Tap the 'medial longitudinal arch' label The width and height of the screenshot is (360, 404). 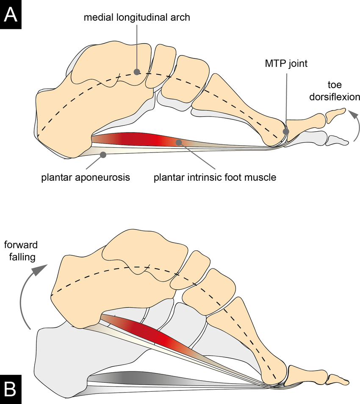pos(136,18)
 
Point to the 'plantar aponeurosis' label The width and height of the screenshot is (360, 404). pos(85,177)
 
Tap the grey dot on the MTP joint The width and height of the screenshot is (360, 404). pos(286,132)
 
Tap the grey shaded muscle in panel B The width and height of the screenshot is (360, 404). pos(127,377)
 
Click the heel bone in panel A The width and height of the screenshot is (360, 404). pos(68,123)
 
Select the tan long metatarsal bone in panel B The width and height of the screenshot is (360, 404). pos(258,339)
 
